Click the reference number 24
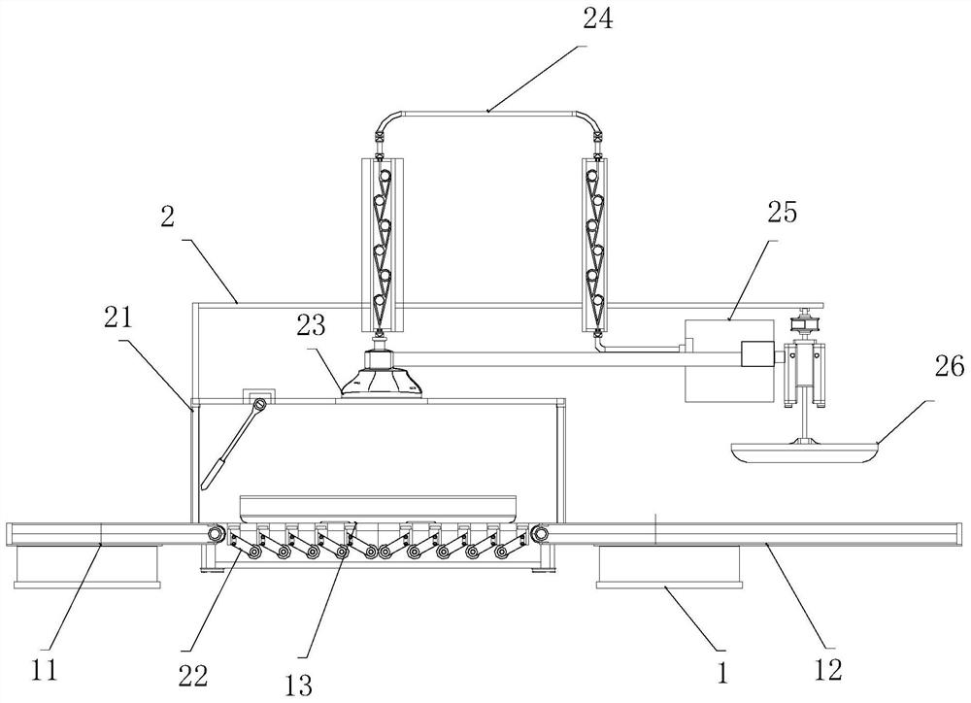(x=597, y=18)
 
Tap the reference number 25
(x=782, y=212)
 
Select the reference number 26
(x=948, y=367)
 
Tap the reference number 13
(x=298, y=686)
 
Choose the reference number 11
(x=45, y=670)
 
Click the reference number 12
(x=828, y=670)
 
